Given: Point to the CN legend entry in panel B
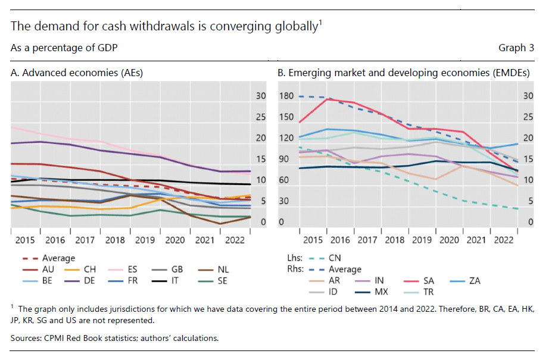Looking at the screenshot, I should [335, 258].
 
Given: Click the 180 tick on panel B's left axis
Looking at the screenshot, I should [286, 96].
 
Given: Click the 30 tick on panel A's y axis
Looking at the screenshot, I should [261, 96].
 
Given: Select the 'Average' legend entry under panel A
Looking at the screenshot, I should [58, 258].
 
